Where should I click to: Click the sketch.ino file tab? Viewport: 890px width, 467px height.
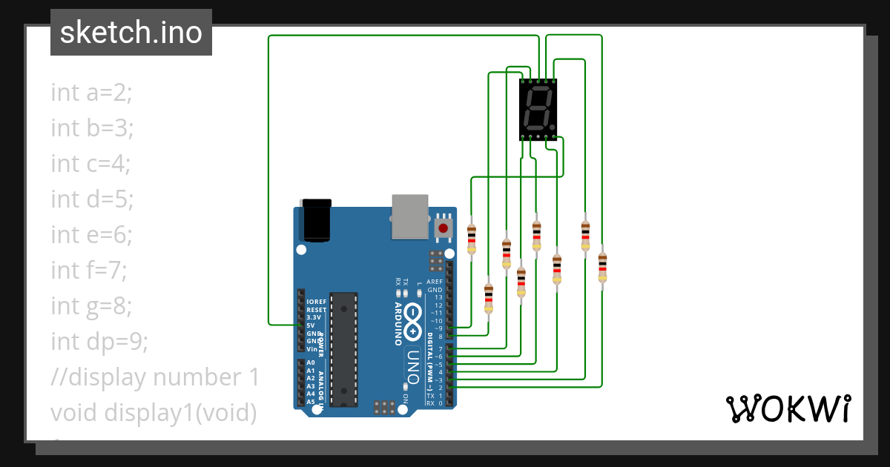click(x=131, y=33)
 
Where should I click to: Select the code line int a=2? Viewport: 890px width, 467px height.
click(x=91, y=93)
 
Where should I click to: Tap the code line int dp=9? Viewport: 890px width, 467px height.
click(x=99, y=342)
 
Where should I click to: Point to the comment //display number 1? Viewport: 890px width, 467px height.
click(x=154, y=377)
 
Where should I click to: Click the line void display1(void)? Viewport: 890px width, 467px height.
click(x=154, y=412)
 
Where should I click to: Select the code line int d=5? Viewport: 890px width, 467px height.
click(x=91, y=199)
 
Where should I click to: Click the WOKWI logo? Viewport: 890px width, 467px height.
click(x=787, y=408)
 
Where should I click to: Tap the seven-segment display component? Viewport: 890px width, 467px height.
click(x=538, y=109)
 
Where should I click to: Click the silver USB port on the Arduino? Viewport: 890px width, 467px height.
click(x=410, y=216)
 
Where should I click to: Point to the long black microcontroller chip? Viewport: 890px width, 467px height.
click(x=343, y=348)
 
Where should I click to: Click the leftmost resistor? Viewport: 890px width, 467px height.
click(x=472, y=239)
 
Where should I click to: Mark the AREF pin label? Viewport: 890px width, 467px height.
click(x=435, y=282)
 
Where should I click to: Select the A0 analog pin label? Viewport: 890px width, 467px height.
click(x=311, y=362)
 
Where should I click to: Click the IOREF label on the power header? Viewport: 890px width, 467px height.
click(x=316, y=302)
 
